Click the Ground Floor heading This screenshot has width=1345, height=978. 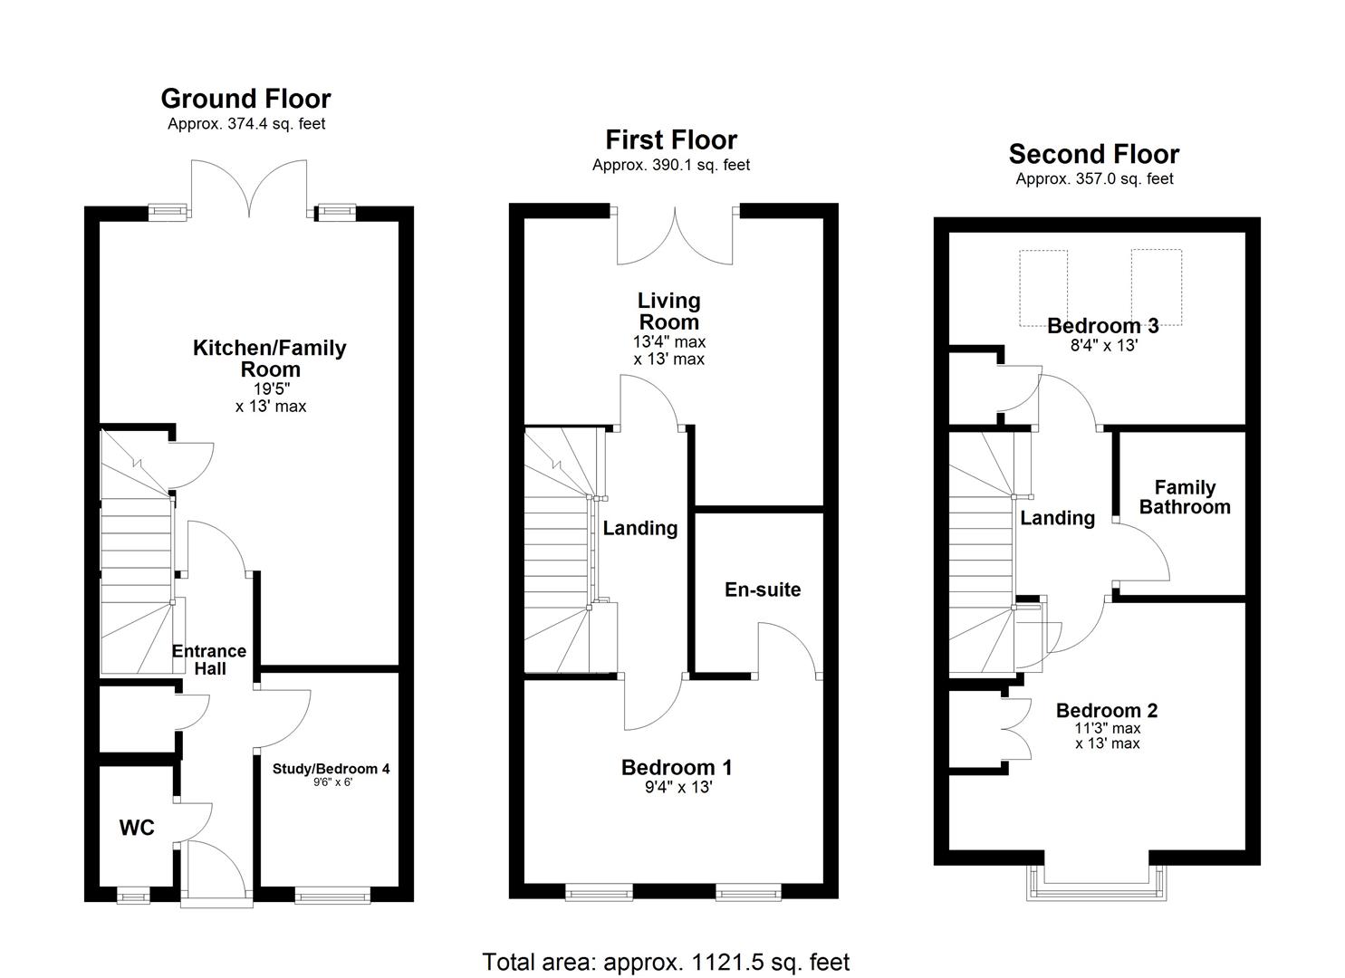coord(245,98)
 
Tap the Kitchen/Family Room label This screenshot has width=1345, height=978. coord(270,359)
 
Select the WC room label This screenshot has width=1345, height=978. coord(137,827)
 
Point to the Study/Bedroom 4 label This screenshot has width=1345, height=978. coord(331,769)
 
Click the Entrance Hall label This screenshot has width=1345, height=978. coord(209,660)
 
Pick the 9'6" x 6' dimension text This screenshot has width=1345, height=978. coord(331,782)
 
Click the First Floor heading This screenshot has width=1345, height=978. coord(671,139)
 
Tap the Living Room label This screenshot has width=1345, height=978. coord(669,311)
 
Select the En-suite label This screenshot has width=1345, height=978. coord(763,590)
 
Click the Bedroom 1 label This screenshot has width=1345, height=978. coord(677,767)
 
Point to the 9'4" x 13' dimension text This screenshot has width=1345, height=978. coord(677,788)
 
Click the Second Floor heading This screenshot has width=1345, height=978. coord(1094,154)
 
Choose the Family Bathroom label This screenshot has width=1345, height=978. coord(1185,497)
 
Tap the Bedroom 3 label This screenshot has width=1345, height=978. coord(1102,325)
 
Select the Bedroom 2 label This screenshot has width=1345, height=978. coord(1107,711)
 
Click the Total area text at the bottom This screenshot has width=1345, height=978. coord(666,962)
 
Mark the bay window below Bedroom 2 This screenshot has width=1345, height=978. coord(1095,883)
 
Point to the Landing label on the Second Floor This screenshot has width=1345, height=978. coord(1057,518)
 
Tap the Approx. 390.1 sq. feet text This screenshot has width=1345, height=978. coord(671,165)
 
